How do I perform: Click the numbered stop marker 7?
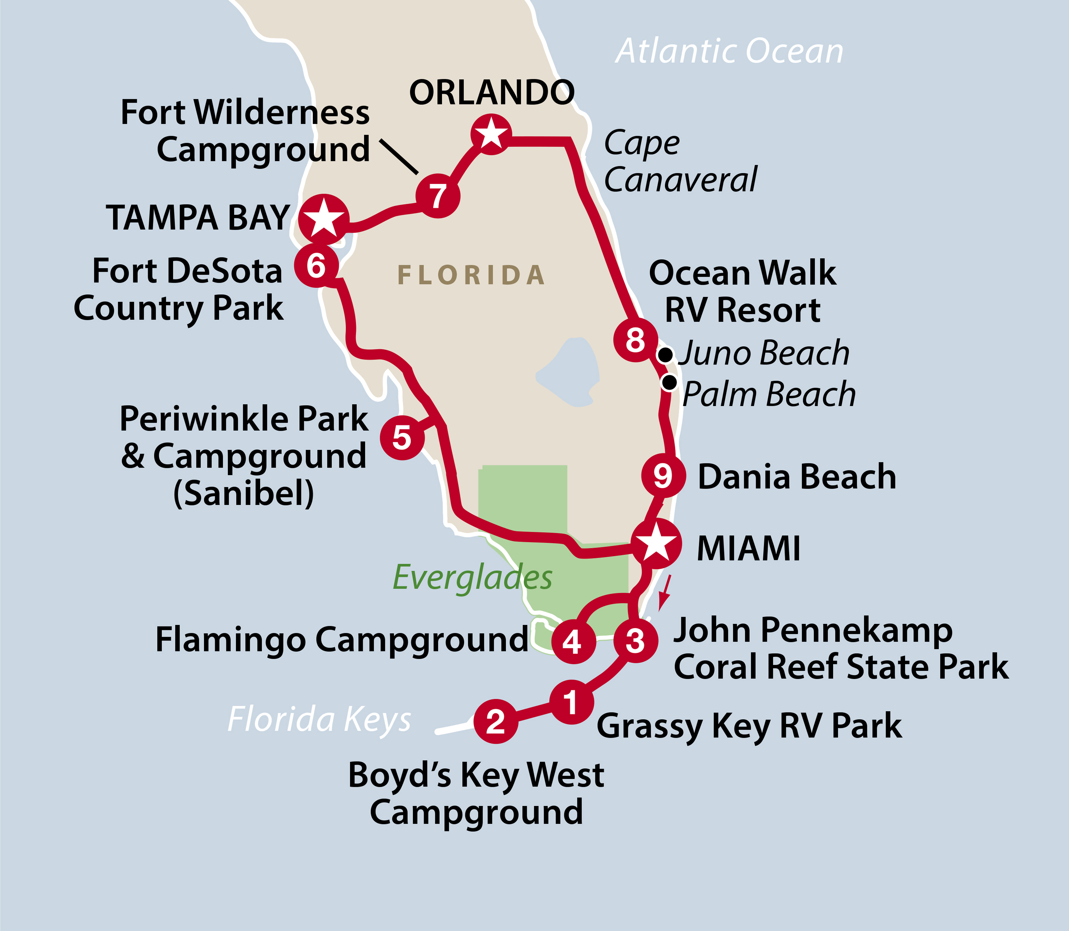(x=438, y=196)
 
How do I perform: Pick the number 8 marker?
(x=635, y=340)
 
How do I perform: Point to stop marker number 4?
(x=573, y=642)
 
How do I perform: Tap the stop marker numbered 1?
(x=571, y=702)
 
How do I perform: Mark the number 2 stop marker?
(x=495, y=721)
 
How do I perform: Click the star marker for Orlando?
(x=491, y=134)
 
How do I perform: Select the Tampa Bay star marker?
(x=323, y=219)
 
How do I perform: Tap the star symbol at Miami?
(x=656, y=543)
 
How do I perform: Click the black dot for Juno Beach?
(x=665, y=355)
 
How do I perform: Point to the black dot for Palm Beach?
(x=669, y=382)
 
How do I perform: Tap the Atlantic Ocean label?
(x=729, y=51)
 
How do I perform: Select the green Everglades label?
(x=472, y=577)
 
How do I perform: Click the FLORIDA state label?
(x=471, y=275)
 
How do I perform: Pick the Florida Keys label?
(x=319, y=720)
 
